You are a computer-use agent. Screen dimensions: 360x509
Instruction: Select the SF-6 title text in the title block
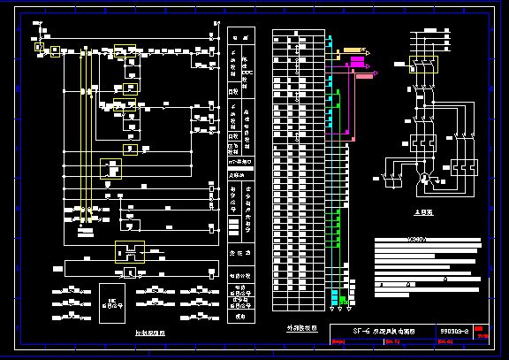pos(382,332)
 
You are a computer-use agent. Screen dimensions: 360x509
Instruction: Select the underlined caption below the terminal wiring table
pos(300,328)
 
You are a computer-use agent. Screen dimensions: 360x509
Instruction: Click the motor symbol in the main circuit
pos(423,180)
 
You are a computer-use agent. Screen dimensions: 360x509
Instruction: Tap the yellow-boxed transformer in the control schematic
pos(129,252)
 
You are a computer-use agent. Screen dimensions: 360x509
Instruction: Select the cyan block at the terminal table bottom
pos(336,296)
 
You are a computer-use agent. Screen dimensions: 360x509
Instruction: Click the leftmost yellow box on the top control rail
pos(39,45)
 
